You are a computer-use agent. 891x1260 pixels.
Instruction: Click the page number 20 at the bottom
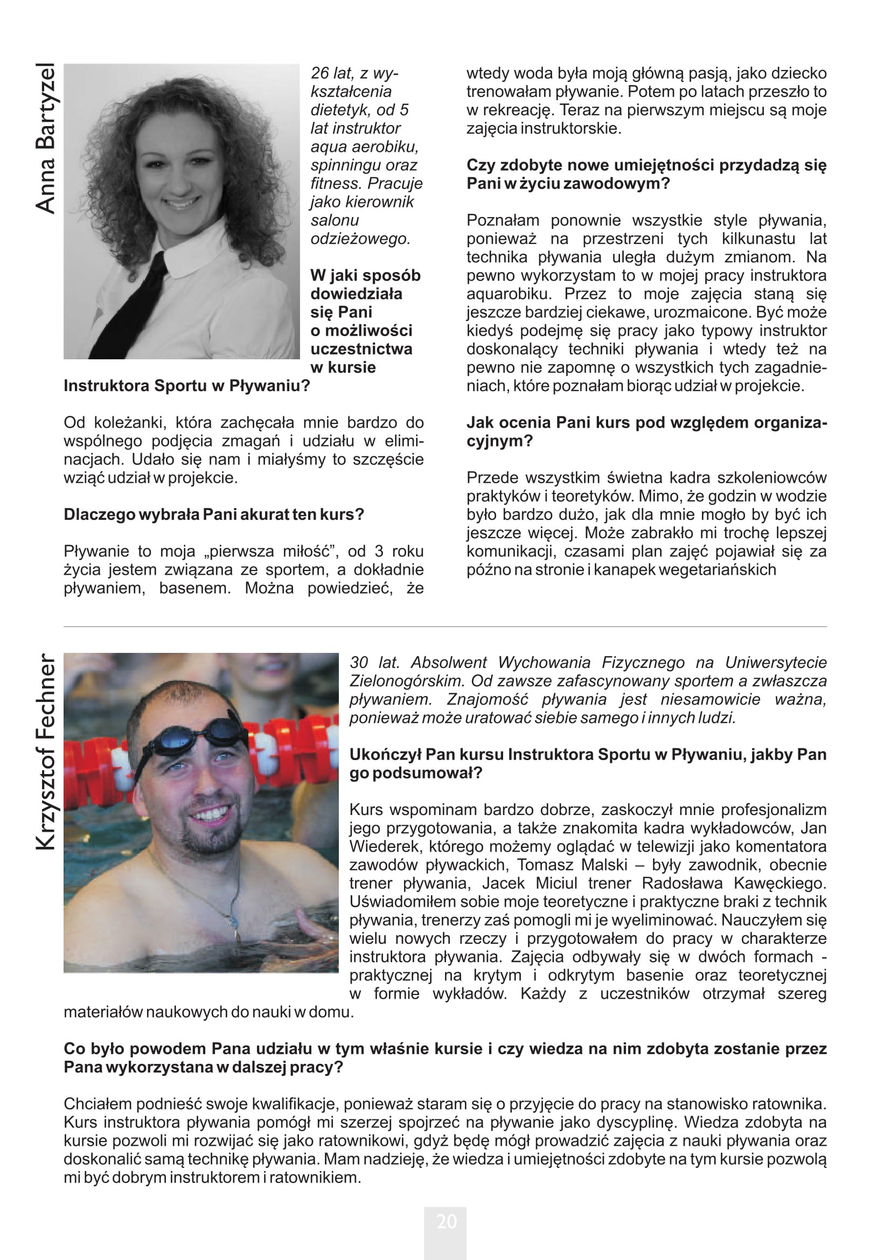[446, 1222]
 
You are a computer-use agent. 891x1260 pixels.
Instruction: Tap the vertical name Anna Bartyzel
[46, 138]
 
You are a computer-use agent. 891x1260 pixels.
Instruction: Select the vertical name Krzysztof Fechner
[46, 752]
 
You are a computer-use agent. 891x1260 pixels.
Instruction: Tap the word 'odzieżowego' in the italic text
[360, 239]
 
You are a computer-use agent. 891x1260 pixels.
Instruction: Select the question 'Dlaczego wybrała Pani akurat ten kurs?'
[214, 514]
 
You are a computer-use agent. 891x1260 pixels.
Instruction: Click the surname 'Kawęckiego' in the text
[779, 883]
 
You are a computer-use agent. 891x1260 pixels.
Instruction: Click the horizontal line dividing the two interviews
[445, 626]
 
